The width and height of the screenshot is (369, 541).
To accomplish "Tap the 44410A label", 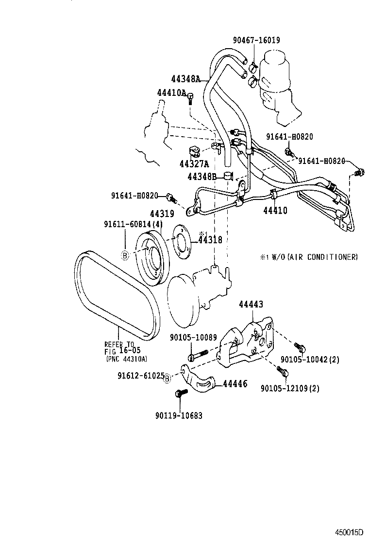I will tap(171, 92).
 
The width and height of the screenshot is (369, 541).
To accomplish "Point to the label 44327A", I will tap(195, 163).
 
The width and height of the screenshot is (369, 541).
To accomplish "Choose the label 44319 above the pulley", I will tap(161, 214).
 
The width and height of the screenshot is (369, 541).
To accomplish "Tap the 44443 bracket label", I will tap(251, 304).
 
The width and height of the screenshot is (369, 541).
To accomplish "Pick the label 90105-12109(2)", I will tap(289, 388).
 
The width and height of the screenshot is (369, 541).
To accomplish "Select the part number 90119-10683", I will tap(179, 415).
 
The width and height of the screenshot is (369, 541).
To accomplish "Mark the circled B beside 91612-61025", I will tap(167, 379).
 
